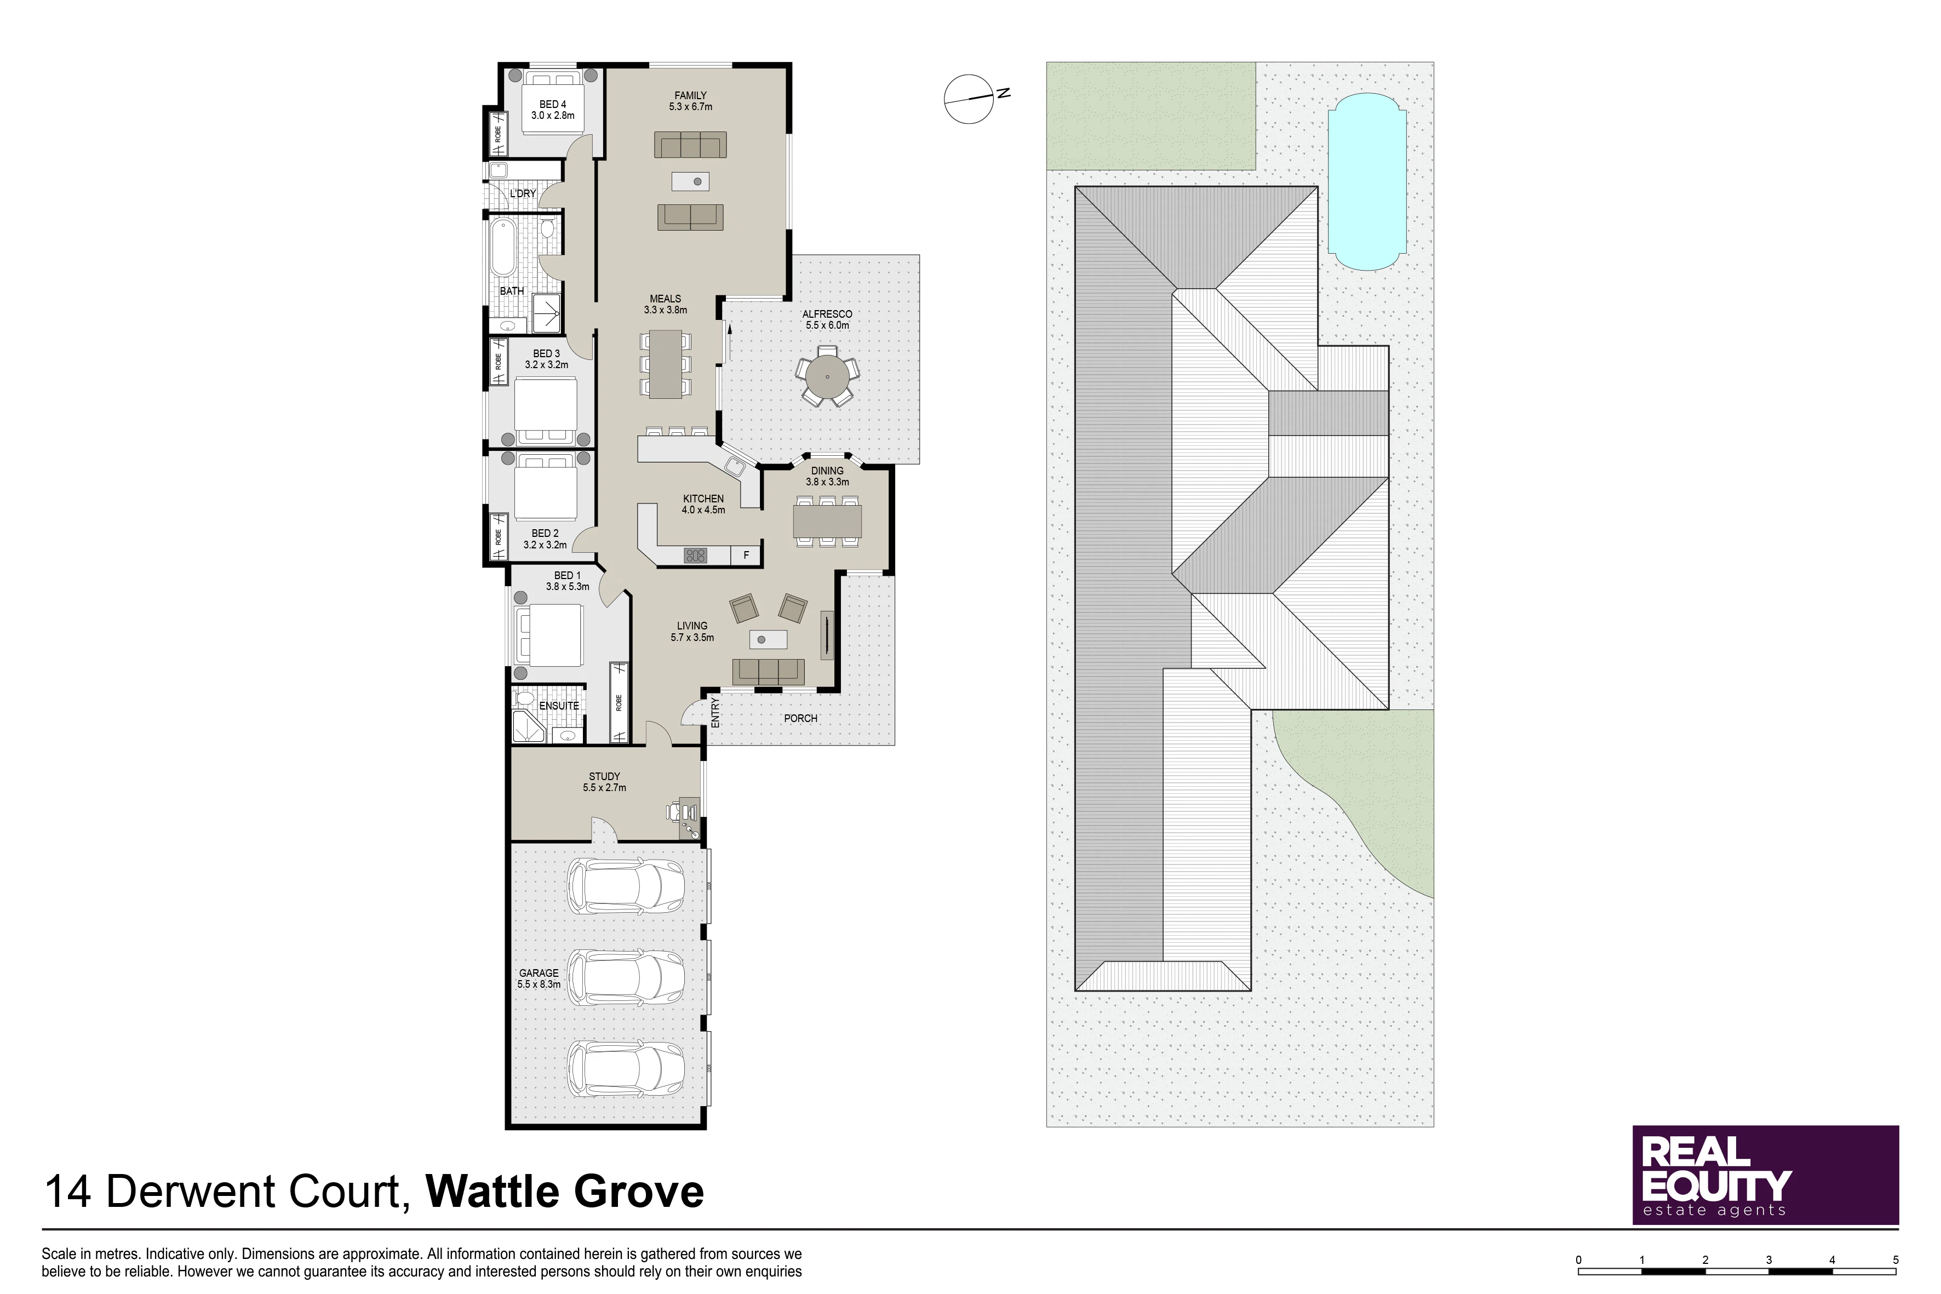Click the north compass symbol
[x=972, y=98]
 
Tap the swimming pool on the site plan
[x=1367, y=181]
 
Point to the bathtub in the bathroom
[x=502, y=247]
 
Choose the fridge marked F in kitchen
[x=746, y=556]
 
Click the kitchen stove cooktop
[x=696, y=556]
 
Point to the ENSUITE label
[x=559, y=706]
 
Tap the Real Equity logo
[x=1765, y=1175]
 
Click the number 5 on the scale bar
[x=1896, y=1260]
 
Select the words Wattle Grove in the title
[x=565, y=1192]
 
